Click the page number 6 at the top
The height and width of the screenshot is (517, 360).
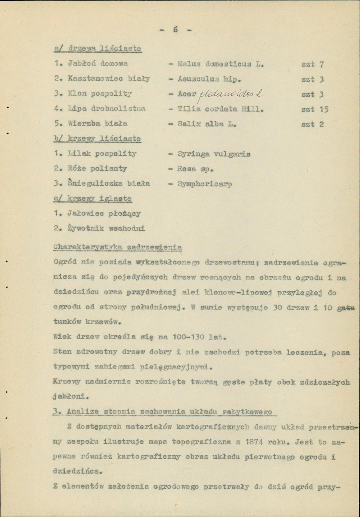[175, 30]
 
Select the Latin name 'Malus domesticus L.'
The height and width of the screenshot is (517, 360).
[221, 64]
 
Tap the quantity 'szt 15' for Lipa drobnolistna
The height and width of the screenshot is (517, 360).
[315, 109]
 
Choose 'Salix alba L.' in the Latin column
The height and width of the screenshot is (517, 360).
[207, 124]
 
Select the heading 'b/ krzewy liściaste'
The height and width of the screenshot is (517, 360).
[98, 139]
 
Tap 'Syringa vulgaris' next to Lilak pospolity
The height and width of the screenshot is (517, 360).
[214, 154]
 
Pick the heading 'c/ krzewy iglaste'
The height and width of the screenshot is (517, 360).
[93, 199]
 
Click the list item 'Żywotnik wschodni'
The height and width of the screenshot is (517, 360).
[106, 228]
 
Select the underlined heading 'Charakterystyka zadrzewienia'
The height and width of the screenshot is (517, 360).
[117, 247]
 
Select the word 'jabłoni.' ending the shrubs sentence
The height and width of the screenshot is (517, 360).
[71, 395]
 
